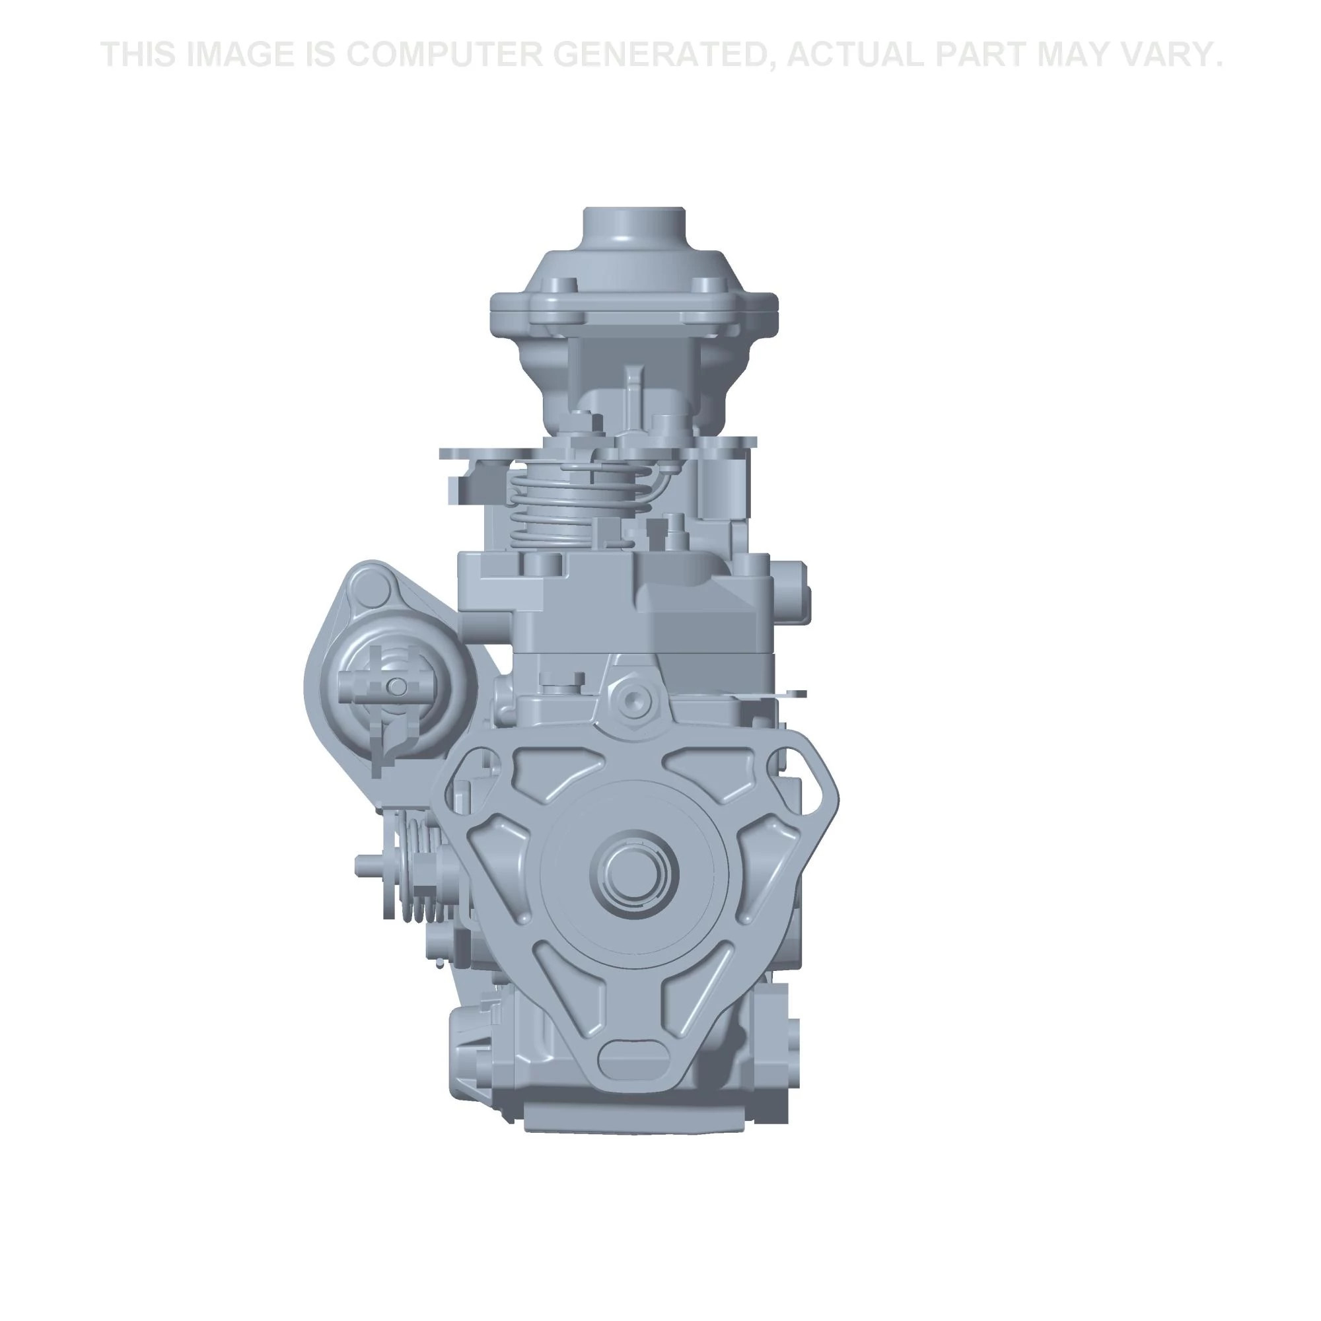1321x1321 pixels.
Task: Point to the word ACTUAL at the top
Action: [x=856, y=55]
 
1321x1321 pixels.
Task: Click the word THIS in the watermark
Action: [x=141, y=55]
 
